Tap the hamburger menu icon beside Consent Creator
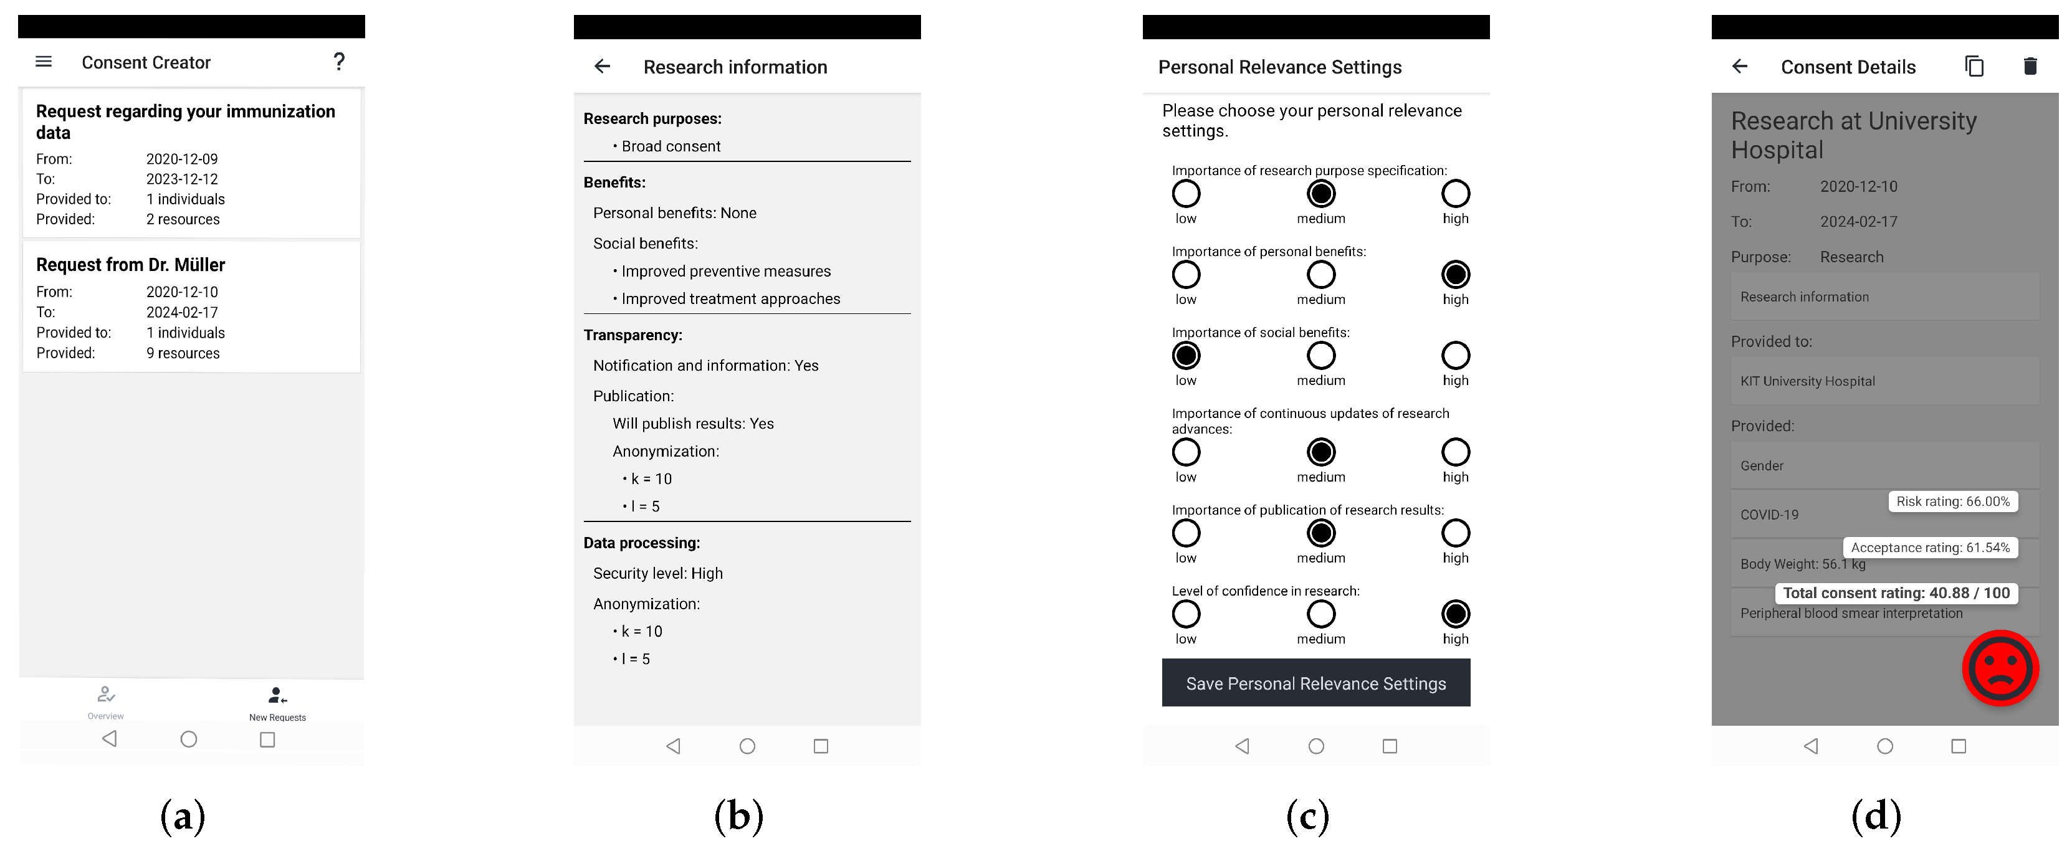pos(44,62)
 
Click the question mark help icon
pos(338,62)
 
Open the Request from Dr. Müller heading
pos(130,265)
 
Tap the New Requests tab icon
pos(277,696)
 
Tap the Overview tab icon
pos(105,694)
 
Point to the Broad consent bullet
pos(670,146)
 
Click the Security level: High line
pos(657,573)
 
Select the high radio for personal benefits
pos(1454,275)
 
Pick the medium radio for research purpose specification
pos(1320,194)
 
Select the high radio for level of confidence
pos(1454,614)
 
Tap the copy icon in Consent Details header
pos(1974,67)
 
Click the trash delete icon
pos(2030,67)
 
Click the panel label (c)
pos(1307,816)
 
